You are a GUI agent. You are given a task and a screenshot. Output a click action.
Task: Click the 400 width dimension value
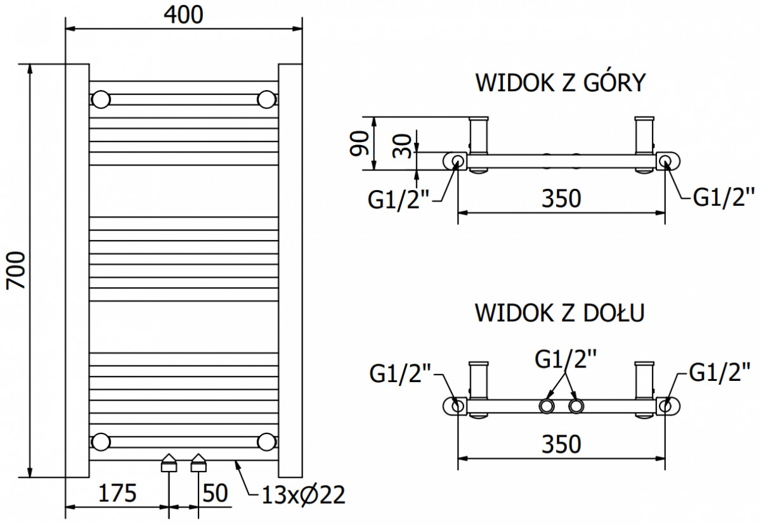183,15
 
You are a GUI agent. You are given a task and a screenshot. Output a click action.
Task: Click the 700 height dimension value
16,271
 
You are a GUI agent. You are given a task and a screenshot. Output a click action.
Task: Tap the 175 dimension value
117,493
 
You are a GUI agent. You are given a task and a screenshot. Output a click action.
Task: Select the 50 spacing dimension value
215,493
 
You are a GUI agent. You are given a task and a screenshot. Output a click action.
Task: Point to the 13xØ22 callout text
303,495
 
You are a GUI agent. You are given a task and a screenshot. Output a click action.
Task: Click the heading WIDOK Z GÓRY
561,82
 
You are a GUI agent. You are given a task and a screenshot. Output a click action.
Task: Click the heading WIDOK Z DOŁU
560,312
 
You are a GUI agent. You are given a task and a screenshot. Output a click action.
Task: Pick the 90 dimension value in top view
360,144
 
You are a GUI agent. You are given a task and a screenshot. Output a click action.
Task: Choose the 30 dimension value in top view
402,146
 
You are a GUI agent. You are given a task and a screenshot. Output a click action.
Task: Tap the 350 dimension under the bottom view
561,444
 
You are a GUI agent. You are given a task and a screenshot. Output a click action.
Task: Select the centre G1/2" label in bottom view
566,359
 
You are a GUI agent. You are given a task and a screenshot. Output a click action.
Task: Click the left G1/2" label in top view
398,200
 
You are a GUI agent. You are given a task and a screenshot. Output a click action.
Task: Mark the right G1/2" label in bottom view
720,373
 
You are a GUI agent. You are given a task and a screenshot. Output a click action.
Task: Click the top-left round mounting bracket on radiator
101,99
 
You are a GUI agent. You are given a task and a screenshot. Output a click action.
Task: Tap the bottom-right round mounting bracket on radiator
267,442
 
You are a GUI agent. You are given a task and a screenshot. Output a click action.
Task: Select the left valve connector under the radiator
169,463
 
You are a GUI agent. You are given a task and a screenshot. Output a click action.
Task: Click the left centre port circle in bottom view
546,406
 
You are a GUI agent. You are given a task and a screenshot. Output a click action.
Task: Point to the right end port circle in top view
665,160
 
